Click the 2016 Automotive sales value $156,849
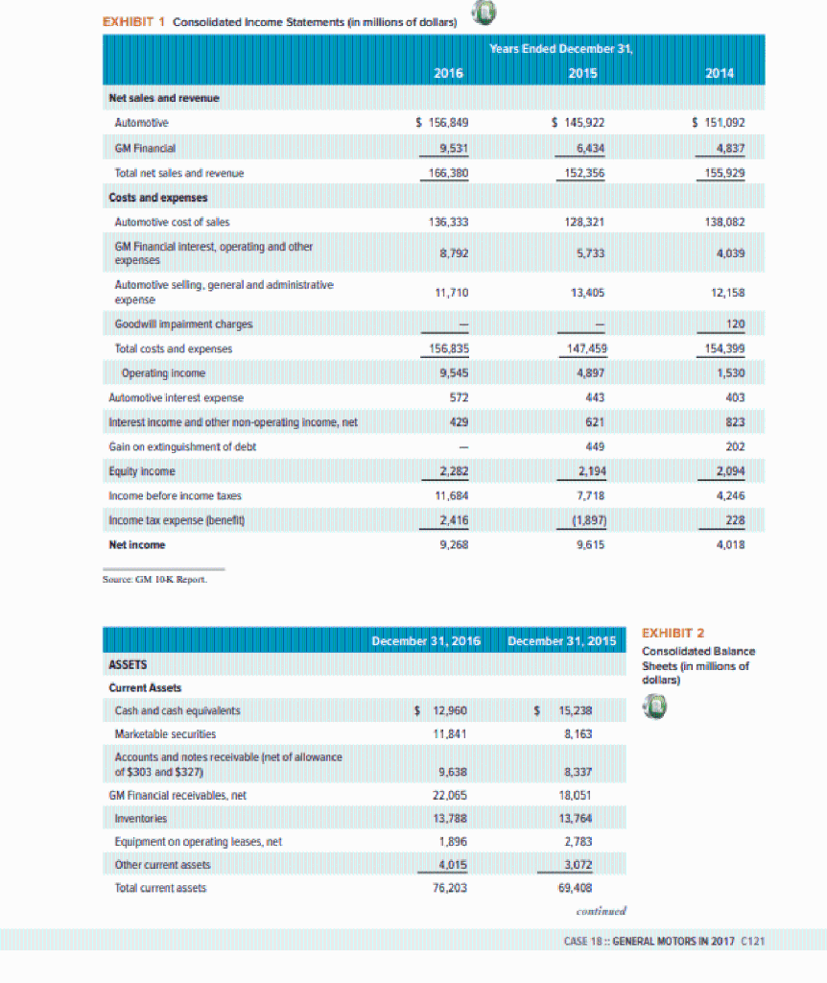[440, 123]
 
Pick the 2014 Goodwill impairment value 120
[732, 324]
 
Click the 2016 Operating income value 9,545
[451, 372]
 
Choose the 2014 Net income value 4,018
[731, 544]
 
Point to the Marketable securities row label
[163, 734]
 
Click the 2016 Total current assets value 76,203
[451, 888]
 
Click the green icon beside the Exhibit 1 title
[483, 14]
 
